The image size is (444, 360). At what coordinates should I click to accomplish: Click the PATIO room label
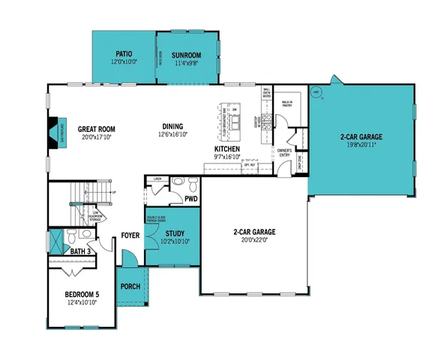(124, 54)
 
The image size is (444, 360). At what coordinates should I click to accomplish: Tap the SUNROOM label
(185, 55)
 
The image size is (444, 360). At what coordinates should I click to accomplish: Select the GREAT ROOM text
(96, 128)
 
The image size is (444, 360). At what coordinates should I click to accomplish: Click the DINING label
(173, 126)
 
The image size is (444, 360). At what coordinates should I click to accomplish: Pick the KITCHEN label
(227, 148)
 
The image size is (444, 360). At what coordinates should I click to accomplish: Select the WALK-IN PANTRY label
(286, 103)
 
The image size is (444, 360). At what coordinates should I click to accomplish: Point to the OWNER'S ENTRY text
(284, 152)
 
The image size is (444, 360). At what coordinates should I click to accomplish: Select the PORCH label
(130, 286)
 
